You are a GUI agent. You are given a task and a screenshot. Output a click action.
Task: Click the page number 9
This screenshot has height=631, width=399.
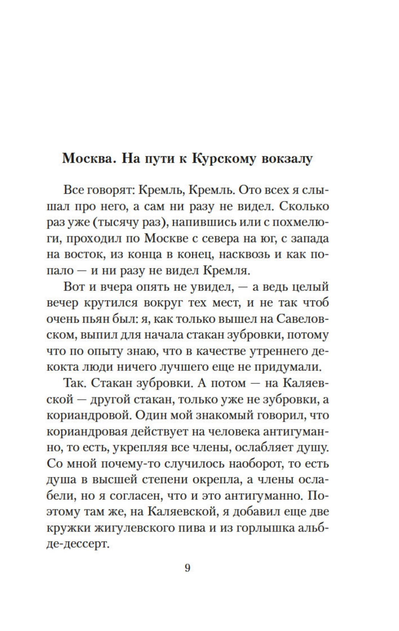(x=188, y=568)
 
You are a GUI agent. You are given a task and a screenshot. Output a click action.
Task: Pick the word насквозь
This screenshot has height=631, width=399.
(x=240, y=254)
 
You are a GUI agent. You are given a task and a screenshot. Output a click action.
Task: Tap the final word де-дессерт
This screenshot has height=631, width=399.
(x=78, y=543)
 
